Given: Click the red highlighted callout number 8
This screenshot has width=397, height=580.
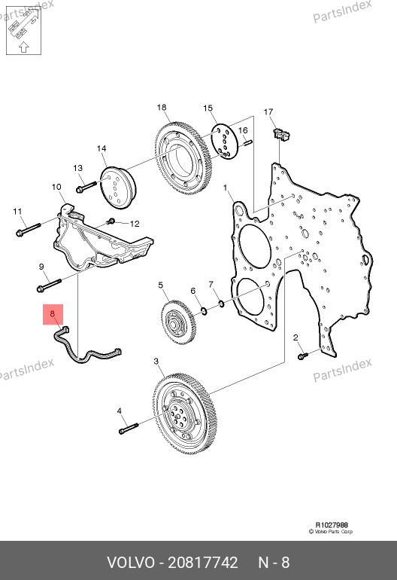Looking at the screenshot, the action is click(x=53, y=313).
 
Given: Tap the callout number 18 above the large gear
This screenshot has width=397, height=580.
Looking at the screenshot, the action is click(x=162, y=107).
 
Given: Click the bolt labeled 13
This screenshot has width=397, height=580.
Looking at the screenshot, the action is click(x=86, y=187).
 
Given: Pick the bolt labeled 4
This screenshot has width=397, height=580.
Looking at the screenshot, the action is click(x=128, y=429).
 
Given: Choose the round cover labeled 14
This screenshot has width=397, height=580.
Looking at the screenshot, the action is click(x=119, y=188).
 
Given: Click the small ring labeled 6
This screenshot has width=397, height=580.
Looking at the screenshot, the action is click(x=204, y=310).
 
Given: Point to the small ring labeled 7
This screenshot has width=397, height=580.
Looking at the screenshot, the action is click(x=221, y=304).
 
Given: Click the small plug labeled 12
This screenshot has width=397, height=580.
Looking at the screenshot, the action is click(x=111, y=221).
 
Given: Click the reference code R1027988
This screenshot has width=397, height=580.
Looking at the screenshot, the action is click(x=332, y=525).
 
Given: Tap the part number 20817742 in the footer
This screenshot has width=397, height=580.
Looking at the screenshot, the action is click(x=203, y=563).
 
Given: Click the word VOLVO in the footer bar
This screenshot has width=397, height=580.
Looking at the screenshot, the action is click(x=131, y=563).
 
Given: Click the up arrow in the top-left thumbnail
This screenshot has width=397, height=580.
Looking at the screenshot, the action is click(x=23, y=47).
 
